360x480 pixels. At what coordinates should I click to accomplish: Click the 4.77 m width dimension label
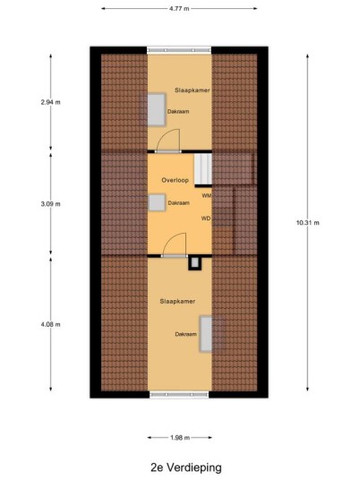click(x=179, y=9)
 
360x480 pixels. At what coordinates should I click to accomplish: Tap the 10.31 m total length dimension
click(x=308, y=223)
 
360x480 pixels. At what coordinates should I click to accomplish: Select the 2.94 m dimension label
click(x=50, y=102)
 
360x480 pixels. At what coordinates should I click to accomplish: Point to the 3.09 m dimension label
click(x=50, y=204)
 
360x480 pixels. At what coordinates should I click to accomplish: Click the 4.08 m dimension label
click(x=50, y=324)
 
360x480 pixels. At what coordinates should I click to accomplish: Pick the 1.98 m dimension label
click(x=180, y=438)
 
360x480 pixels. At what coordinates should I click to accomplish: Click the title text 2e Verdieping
click(x=186, y=467)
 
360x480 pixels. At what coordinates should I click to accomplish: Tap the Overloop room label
click(x=176, y=180)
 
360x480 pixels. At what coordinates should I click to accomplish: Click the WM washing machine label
click(x=207, y=195)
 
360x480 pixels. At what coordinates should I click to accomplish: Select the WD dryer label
click(x=206, y=219)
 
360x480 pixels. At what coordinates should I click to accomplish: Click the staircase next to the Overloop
click(x=203, y=169)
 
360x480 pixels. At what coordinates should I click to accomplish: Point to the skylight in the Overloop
click(x=157, y=202)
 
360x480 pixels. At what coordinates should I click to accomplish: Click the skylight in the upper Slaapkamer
click(x=157, y=110)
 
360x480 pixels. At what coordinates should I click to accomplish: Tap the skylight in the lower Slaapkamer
click(x=206, y=334)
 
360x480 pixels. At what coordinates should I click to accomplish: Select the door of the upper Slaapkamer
click(x=167, y=141)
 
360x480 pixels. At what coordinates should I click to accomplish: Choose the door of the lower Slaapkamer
click(x=175, y=244)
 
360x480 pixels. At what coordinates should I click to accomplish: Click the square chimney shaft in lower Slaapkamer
click(x=194, y=263)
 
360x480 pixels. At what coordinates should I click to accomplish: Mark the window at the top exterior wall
click(x=179, y=50)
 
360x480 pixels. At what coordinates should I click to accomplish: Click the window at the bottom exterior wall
click(x=179, y=394)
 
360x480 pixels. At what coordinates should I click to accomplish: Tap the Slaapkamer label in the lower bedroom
click(x=177, y=301)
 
